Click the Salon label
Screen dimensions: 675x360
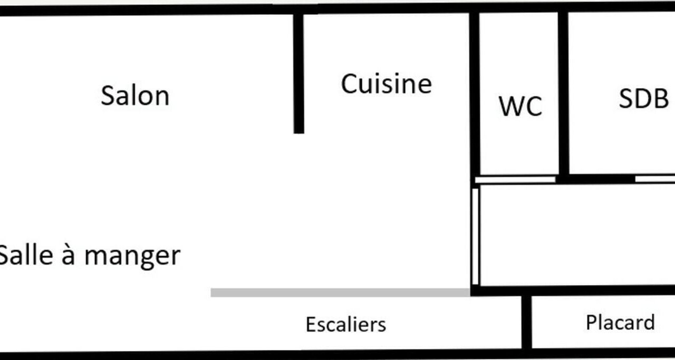click(135, 96)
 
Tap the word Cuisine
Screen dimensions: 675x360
click(387, 84)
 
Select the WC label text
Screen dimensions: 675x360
click(520, 106)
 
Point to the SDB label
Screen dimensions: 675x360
click(644, 98)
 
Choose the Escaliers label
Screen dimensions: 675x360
click(345, 325)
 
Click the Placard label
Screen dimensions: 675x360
click(621, 323)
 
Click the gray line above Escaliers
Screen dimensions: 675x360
click(340, 293)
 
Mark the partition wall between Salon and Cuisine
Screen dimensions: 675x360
click(298, 73)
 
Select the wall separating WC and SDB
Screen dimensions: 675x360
click(563, 93)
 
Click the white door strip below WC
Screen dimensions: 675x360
click(515, 180)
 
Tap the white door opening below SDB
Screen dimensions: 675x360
click(655, 179)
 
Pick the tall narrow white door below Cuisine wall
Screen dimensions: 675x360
click(475, 237)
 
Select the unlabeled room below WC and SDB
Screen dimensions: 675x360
click(577, 235)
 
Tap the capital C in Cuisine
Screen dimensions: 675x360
click(350, 84)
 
